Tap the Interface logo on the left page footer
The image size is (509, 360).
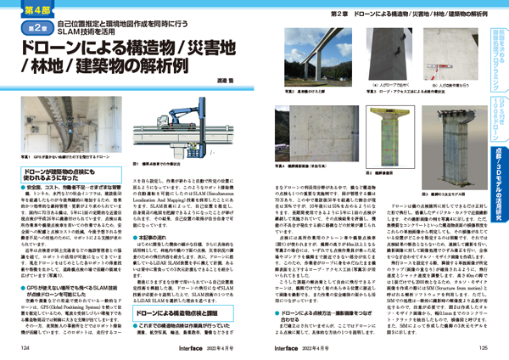pos(143,347)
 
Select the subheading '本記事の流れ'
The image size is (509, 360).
pos(156,227)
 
